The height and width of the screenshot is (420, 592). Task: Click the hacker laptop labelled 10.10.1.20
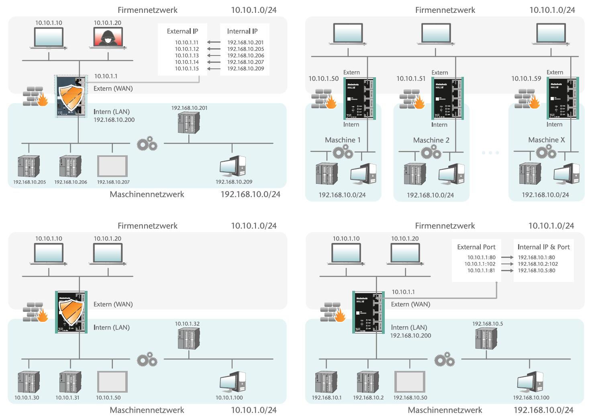tap(108, 38)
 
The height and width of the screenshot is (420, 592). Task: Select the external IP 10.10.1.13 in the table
tap(187, 56)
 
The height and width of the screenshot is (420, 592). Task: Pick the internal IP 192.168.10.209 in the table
tap(246, 68)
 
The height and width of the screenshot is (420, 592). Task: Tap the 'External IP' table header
tap(182, 31)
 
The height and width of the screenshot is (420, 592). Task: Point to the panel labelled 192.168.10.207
tap(112, 166)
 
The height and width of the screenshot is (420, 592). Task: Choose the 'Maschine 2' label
tap(431, 140)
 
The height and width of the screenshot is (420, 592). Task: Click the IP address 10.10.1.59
tap(526, 78)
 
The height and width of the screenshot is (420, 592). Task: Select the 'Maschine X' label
tap(546, 140)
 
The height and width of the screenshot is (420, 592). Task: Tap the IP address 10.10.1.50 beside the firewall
tap(323, 78)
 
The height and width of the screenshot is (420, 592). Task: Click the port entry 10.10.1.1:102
tap(480, 264)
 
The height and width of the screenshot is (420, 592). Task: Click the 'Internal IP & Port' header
tap(543, 247)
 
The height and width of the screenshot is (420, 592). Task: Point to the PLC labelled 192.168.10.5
tap(486, 339)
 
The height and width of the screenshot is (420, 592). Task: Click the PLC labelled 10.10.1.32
tap(189, 338)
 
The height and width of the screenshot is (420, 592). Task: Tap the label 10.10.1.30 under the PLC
tap(27, 397)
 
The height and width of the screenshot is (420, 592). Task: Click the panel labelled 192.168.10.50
tap(410, 381)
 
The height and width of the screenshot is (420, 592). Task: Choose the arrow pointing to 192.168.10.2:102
tap(507, 264)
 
